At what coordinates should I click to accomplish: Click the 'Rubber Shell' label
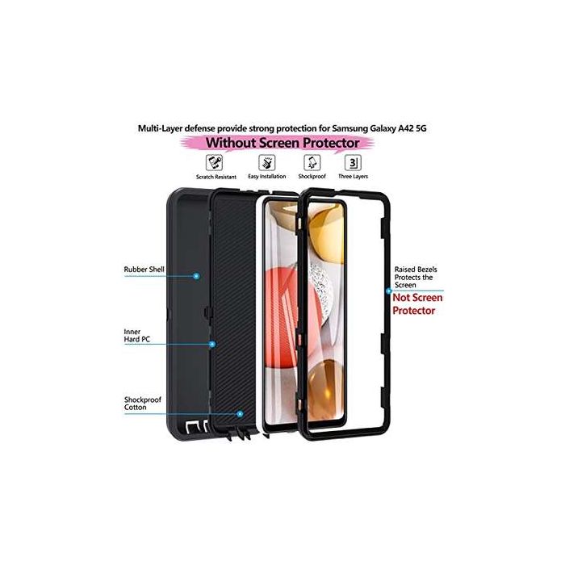pyautogui.click(x=143, y=270)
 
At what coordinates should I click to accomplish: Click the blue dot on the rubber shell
pyautogui.click(x=196, y=275)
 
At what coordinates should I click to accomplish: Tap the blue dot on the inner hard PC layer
pyautogui.click(x=211, y=344)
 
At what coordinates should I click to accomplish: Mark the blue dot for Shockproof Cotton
pyautogui.click(x=240, y=412)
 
